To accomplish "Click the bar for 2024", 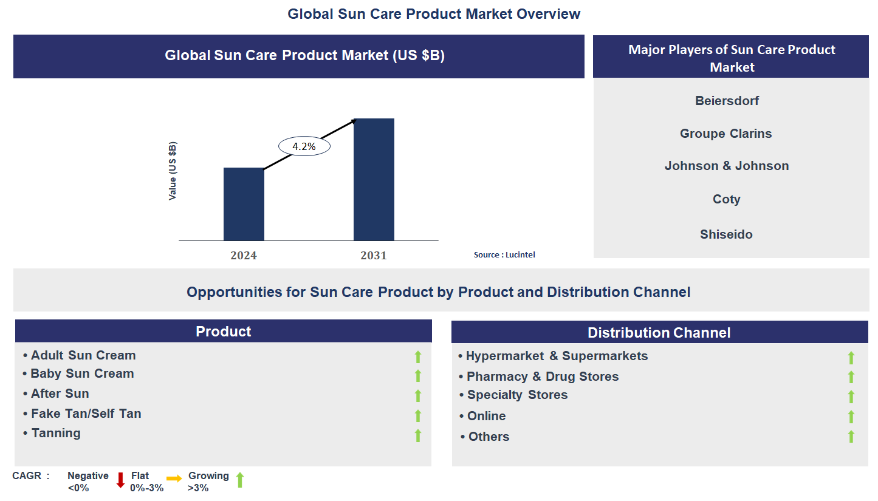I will click(x=244, y=204).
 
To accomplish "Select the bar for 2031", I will click(x=374, y=180).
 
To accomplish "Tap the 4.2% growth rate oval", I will click(x=304, y=146).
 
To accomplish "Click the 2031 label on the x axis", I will click(x=373, y=256).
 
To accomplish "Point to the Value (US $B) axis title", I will click(x=173, y=171).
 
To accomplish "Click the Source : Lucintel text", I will click(x=504, y=255).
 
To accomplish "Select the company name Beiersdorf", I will click(x=727, y=101).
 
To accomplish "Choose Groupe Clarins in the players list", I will click(x=725, y=134).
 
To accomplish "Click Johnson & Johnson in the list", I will click(x=727, y=166).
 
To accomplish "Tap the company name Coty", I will click(x=726, y=199).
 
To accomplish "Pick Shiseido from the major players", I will click(x=726, y=234).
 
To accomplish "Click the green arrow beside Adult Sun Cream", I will click(x=418, y=356).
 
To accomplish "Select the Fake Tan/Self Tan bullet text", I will click(x=86, y=414).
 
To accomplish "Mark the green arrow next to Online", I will click(x=851, y=417).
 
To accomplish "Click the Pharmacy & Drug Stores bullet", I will click(x=542, y=377).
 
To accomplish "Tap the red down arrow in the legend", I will click(x=120, y=480).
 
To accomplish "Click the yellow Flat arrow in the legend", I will click(x=174, y=479).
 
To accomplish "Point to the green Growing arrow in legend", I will click(x=240, y=480).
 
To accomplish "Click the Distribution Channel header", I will click(x=659, y=333).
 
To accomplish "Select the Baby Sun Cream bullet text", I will click(x=82, y=374).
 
